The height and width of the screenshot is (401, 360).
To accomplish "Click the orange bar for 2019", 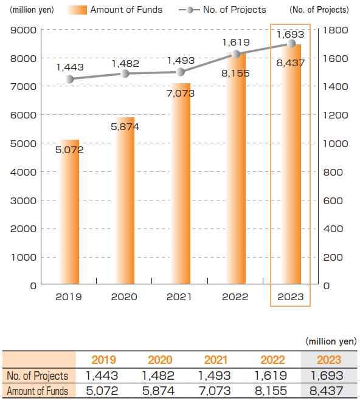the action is [x=69, y=212].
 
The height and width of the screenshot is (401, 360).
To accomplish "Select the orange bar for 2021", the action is [x=181, y=183].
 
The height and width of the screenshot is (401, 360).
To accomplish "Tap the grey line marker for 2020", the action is [x=125, y=74].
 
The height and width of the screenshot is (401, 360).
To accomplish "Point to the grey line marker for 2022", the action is [x=236, y=54].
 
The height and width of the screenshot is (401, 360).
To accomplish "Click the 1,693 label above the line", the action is [x=290, y=34].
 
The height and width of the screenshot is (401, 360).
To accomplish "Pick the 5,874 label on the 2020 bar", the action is [x=125, y=126].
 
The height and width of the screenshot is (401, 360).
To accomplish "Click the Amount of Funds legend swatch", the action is [x=77, y=10].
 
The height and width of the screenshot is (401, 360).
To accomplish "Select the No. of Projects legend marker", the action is [x=190, y=10].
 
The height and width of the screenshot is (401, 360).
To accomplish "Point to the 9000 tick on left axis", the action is [x=23, y=30].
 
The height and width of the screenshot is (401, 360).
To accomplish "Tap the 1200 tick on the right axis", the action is [x=336, y=115].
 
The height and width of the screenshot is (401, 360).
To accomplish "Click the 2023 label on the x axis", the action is [x=291, y=297].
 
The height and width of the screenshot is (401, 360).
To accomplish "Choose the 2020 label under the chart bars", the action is [x=124, y=297].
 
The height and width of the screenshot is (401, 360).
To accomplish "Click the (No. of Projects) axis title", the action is [x=319, y=10].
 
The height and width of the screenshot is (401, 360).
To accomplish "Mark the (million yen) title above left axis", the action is [x=32, y=10].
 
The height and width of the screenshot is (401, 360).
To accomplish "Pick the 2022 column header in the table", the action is [x=272, y=360].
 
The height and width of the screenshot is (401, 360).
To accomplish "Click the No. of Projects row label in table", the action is [x=38, y=376].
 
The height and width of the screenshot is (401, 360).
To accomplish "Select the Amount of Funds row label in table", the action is [x=38, y=391].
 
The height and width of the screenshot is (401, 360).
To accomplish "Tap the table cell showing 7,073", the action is [x=215, y=391].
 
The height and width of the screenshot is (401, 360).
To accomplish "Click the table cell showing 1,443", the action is [x=102, y=376].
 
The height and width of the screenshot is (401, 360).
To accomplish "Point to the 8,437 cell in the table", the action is [x=327, y=391].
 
